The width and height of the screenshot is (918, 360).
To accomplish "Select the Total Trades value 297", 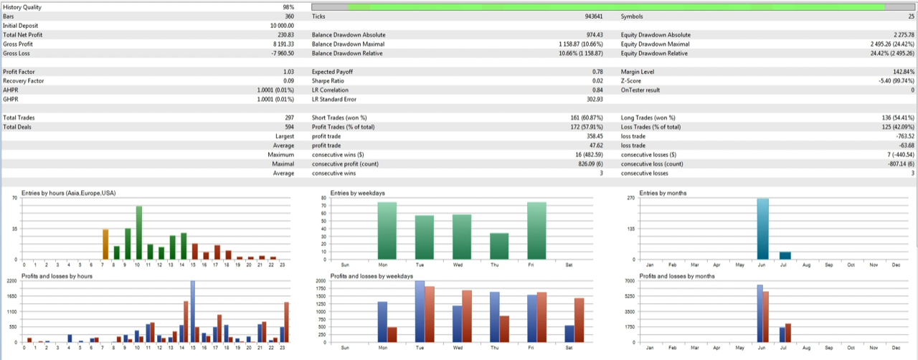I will click(x=289, y=117).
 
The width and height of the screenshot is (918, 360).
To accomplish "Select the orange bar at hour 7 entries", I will click(x=105, y=244).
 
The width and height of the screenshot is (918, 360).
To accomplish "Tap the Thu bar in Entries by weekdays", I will click(x=499, y=246).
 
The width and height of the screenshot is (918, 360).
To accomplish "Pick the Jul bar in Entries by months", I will click(x=785, y=255).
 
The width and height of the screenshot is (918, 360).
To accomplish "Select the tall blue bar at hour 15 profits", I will click(x=193, y=311).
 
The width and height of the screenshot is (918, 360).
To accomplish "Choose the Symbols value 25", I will click(x=911, y=16).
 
